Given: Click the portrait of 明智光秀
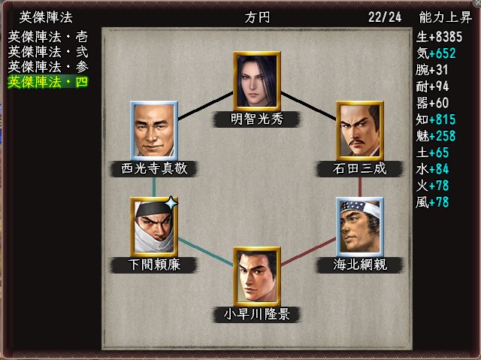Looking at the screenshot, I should [256, 80].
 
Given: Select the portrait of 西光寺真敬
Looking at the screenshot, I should [153, 130].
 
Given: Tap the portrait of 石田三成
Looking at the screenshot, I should [359, 130].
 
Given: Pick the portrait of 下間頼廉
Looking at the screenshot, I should [153, 226].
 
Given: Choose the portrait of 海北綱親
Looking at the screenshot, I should [359, 226].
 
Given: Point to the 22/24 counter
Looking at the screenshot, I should [385, 17].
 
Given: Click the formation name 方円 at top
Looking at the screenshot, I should [256, 17].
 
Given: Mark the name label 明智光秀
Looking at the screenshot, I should [256, 118].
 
